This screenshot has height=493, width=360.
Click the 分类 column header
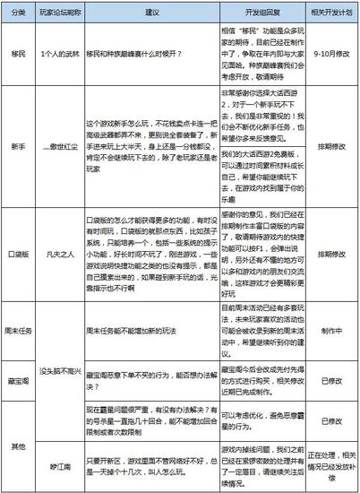pyautogui.click(x=17, y=17)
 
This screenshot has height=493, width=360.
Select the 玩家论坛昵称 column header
pyautogui.click(x=60, y=17)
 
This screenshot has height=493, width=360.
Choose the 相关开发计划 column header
pyautogui.click(x=330, y=17)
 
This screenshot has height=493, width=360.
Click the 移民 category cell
pyautogui.click(x=17, y=55)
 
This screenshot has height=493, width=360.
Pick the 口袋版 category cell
pyautogui.click(x=17, y=255)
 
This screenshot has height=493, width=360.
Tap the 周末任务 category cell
pyautogui.click(x=17, y=331)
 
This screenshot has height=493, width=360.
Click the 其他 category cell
pyautogui.click(x=17, y=445)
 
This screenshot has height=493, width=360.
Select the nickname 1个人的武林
pyautogui.click(x=60, y=55)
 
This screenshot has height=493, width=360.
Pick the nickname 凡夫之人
pyautogui.click(x=60, y=255)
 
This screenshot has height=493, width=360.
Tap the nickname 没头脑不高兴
pyautogui.click(x=60, y=369)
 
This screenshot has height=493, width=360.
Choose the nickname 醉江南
pyautogui.click(x=60, y=467)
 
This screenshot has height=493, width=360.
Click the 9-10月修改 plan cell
pyautogui.click(x=330, y=55)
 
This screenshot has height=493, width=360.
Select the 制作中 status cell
pyautogui.click(x=330, y=331)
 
